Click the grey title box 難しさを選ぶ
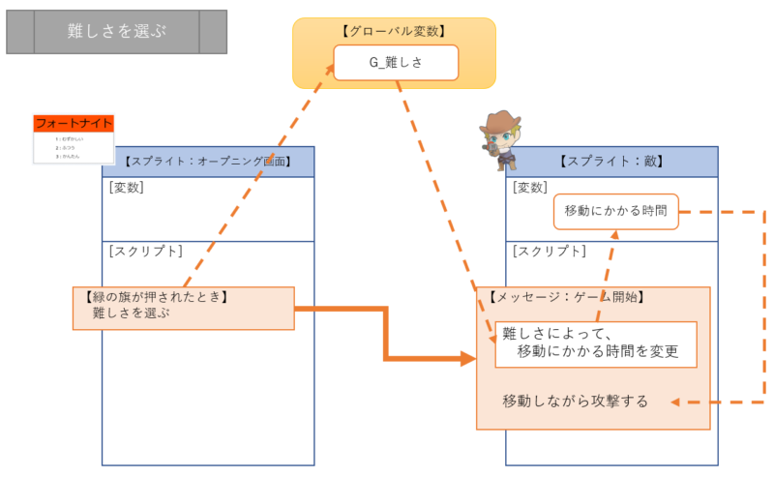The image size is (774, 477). point(116,32)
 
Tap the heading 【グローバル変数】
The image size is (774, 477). point(394,31)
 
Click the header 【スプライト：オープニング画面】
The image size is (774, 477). point(208,162)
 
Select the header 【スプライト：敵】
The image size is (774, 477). point(611,162)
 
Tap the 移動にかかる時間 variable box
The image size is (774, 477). point(616,212)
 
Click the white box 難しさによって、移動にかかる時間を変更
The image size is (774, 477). point(596,343)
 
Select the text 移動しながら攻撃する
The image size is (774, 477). point(575,401)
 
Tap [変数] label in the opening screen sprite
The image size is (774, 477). point(127,187)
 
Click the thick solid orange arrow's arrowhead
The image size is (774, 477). point(470,360)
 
